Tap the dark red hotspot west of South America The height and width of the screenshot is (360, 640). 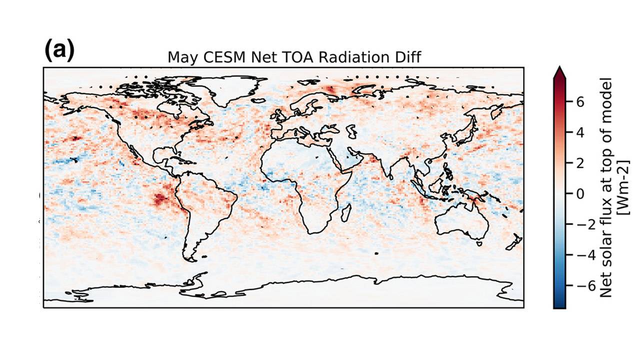coord(160,199)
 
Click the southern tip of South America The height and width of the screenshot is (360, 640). coord(190,260)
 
